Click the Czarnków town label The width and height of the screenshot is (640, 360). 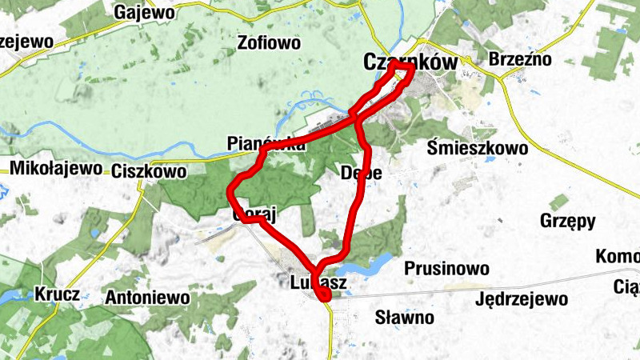[411, 62]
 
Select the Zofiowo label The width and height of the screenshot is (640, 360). [269, 42]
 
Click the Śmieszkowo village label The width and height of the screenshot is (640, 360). [478, 148]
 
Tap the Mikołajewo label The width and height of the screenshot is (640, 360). [56, 169]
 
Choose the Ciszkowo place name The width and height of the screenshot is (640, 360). [150, 171]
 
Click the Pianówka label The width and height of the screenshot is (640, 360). [266, 144]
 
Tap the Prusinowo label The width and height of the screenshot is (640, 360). [446, 268]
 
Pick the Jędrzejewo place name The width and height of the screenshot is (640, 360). [521, 300]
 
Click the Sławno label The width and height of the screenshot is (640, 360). [405, 318]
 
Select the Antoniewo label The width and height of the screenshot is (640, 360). [147, 298]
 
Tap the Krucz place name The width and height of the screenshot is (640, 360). [57, 294]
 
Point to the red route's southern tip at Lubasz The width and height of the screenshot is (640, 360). [325, 298]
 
